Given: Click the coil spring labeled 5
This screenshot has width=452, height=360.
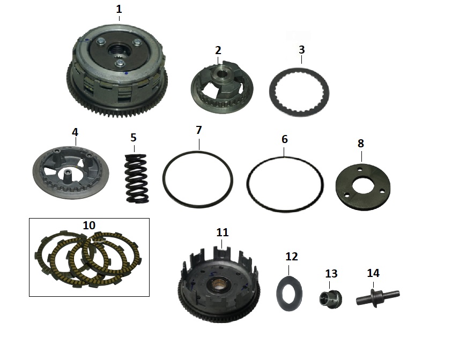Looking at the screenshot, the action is pos(137,178).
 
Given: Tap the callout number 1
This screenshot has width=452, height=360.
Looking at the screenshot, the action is pos(119,9).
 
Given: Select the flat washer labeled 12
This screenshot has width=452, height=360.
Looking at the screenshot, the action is pos(289,293).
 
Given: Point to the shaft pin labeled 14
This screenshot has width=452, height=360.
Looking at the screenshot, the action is pos(377,298).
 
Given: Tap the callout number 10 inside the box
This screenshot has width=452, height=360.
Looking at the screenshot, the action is pos(89,225).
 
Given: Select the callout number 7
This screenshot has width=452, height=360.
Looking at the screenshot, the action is pos(198,130).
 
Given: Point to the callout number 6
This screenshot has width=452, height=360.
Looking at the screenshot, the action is pos(285,139).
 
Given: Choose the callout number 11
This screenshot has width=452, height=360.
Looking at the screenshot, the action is pos(223,232).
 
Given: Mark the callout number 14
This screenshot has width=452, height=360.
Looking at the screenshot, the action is pos(373,273).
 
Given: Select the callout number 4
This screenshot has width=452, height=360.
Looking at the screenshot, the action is pos(75,132).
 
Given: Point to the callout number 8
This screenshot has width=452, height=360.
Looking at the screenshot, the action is pos(361,143).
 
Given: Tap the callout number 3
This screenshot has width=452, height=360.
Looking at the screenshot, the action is pos(301,49).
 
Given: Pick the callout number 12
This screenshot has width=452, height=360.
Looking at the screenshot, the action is pos(292,256).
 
